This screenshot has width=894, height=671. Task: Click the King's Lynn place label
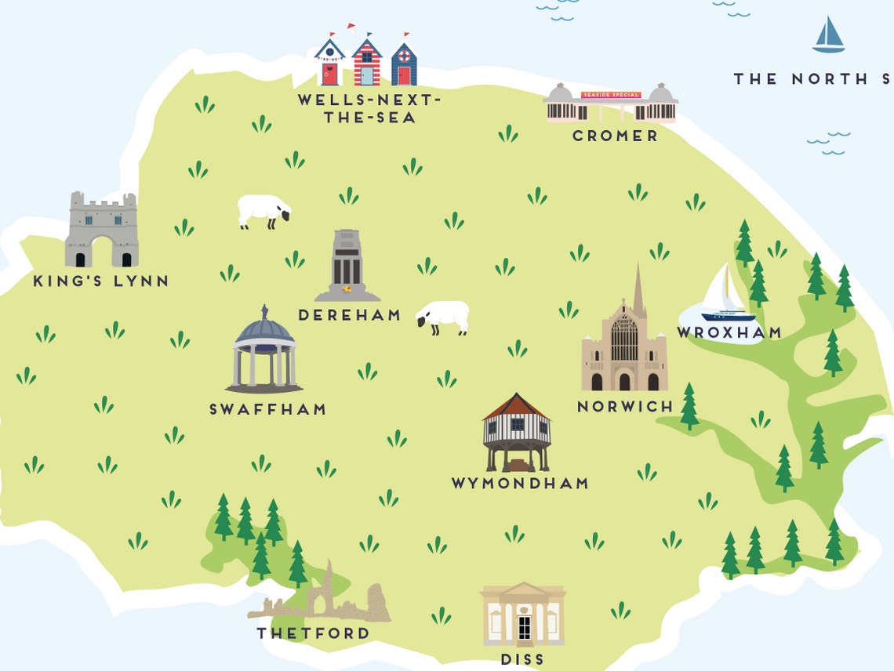(101, 281)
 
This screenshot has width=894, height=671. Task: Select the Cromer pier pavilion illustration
(611, 103)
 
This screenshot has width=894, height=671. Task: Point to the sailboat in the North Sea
(828, 35)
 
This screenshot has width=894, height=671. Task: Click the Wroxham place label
(729, 332)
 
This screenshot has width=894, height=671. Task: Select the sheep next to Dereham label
(444, 317)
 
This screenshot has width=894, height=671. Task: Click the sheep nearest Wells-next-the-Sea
(264, 211)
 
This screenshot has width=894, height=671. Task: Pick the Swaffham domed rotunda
(265, 351)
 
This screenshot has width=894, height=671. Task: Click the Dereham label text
(350, 315)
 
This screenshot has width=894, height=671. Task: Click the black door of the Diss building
(524, 628)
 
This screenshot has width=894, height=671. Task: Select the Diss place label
(522, 659)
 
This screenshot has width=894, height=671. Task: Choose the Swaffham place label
(267, 409)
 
